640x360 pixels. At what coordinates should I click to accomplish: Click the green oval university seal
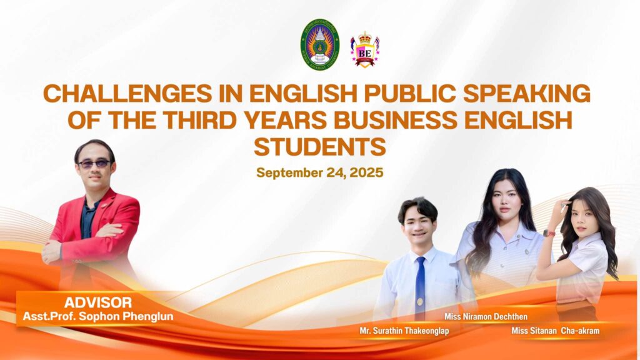coord(320,44)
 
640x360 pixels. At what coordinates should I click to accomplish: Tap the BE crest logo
coord(365,49)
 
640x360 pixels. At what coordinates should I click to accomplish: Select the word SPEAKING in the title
coord(527,94)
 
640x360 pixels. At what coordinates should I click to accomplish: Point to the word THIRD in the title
coord(199,120)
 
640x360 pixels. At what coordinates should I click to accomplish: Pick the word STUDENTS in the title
coord(320,146)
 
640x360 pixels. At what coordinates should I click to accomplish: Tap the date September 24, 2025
coord(320,172)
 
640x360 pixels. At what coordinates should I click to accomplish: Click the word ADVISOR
coord(98,302)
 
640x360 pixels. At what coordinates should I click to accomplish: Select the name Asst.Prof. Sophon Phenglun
coord(98,316)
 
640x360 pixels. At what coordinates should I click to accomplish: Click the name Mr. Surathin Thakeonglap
coord(404,331)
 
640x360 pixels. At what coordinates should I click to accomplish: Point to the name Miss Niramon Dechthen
coord(486,316)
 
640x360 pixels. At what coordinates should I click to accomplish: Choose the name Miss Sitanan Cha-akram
coord(556,331)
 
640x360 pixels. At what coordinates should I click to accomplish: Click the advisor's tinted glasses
coord(94,164)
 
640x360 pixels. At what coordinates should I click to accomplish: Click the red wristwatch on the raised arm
coord(549,233)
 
